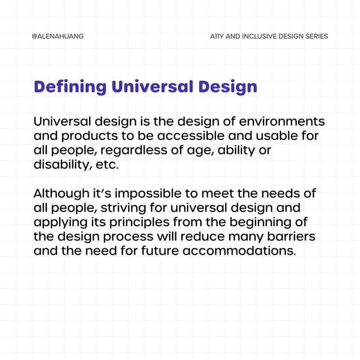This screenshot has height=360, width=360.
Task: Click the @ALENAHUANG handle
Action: tap(58, 36)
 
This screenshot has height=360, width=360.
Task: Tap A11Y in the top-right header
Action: tap(217, 36)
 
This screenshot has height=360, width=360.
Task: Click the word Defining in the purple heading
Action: tap(70, 87)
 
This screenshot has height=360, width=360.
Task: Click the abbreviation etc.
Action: tap(108, 165)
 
